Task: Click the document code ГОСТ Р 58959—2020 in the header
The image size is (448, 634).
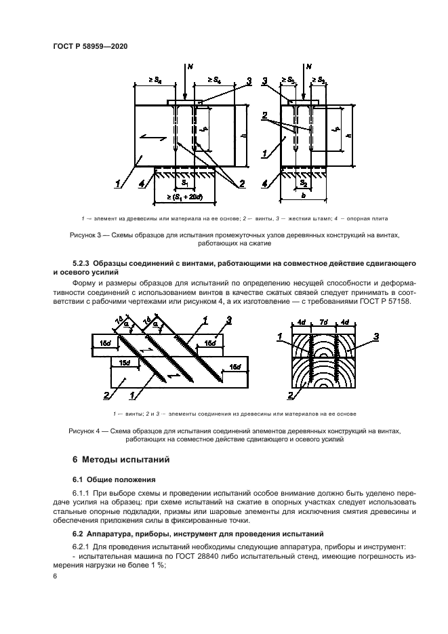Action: [89, 45]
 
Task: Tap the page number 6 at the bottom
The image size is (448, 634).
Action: [54, 575]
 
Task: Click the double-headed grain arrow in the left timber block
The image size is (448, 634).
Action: [151, 138]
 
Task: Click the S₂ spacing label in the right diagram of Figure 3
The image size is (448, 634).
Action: [304, 183]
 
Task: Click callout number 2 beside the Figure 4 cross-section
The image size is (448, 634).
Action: [290, 396]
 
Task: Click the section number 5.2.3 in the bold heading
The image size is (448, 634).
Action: [84, 262]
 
